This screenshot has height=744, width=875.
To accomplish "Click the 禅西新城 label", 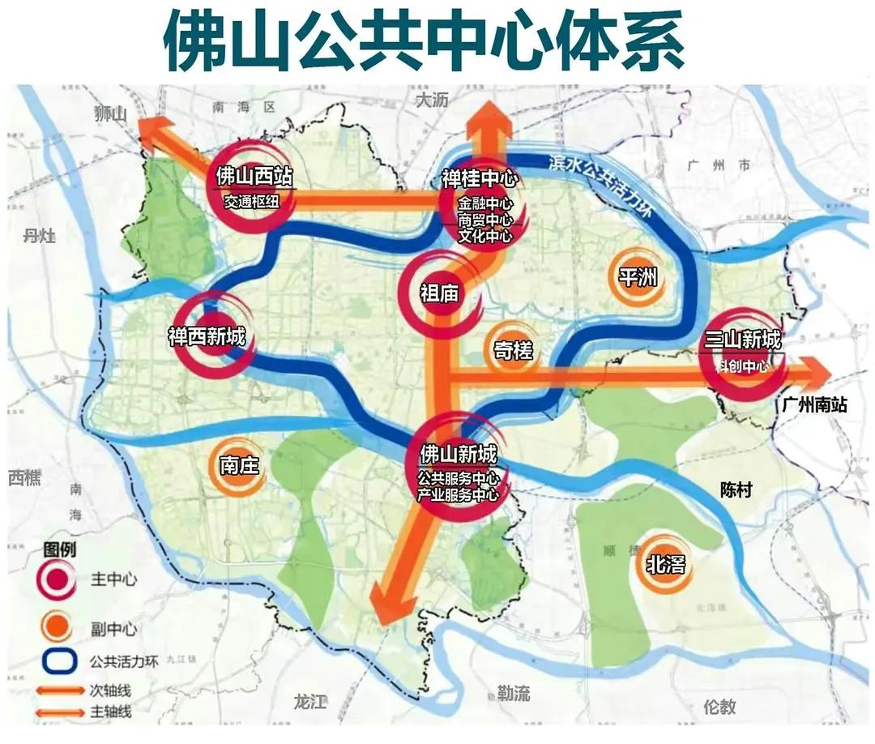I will (207, 336).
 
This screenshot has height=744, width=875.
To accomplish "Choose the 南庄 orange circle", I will (238, 465).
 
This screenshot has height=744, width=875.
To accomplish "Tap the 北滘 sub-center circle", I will (665, 565).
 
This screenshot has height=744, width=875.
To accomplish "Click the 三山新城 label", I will (743, 340).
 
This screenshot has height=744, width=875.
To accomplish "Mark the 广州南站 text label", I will (814, 404).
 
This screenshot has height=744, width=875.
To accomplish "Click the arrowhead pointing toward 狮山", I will (152, 130).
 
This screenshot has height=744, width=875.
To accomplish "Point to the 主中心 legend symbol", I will (54, 580).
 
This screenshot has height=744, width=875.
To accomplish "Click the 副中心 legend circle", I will (54, 627).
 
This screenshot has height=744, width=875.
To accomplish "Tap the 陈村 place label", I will (736, 490).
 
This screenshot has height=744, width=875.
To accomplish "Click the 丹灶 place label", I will (39, 236).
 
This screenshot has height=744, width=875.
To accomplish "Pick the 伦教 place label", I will (719, 705).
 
